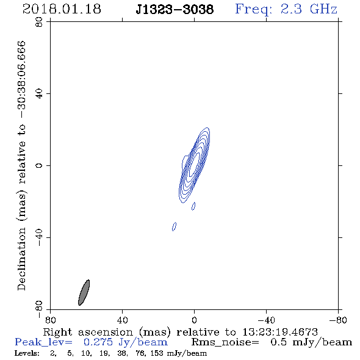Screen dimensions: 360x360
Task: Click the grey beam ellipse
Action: coord(84,292)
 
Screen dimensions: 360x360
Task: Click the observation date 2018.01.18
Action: coord(62,9)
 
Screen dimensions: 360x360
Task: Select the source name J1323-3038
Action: coord(175,10)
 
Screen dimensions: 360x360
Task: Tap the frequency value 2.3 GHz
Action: coord(309,9)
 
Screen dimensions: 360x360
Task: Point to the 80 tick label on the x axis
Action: coord(50,320)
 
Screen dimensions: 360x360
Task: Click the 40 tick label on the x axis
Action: coord(122,320)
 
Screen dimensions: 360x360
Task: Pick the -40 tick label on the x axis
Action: coord(266,320)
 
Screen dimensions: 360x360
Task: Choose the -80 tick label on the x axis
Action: coord(338,320)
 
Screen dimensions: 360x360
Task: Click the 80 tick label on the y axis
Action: coord(39,22)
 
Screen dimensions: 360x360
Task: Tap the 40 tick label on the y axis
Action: coord(39,94)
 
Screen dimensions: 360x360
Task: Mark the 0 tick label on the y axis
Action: coord(39,165)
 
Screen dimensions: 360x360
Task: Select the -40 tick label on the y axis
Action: coord(39,237)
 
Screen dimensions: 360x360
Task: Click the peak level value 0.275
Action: coord(98,342)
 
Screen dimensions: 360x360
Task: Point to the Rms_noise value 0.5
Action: coord(278,342)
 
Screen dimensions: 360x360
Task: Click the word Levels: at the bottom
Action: coord(27,353)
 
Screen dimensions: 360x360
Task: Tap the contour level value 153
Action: coord(158,353)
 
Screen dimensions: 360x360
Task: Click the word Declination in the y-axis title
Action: coord(21,259)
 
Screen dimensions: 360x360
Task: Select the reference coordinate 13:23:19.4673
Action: coord(280,332)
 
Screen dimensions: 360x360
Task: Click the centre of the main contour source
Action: coord(194,165)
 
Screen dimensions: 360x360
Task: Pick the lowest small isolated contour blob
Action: coord(175,226)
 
